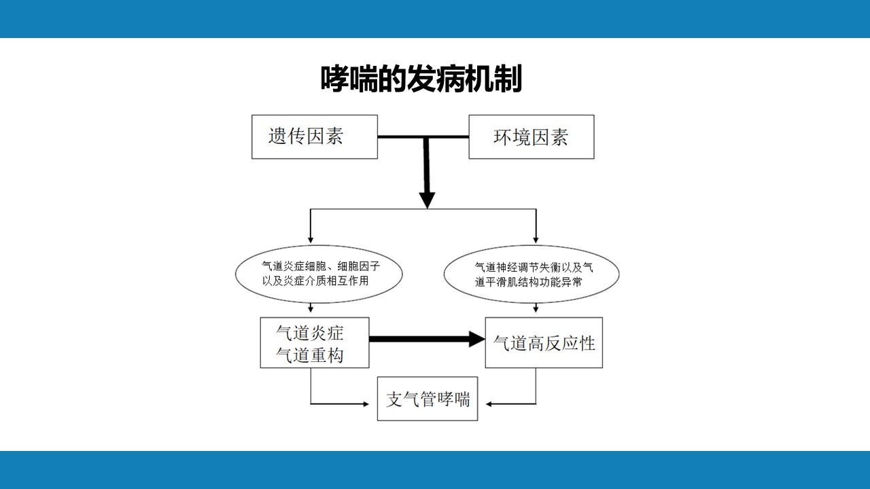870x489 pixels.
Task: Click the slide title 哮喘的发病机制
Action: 421,79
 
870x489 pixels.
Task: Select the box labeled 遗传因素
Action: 314,137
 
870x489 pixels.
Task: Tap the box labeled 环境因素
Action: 531,137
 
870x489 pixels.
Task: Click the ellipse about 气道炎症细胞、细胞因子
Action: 318,274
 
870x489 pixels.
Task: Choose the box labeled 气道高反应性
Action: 544,343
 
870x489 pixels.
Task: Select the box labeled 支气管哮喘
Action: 428,399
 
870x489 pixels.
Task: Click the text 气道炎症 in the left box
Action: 310,333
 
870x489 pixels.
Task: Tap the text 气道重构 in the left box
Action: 310,355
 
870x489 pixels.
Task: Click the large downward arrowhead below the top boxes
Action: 426,200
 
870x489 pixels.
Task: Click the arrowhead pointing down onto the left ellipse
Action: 311,238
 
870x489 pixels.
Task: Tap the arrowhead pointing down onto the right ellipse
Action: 536,238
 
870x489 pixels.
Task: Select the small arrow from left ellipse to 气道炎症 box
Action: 311,308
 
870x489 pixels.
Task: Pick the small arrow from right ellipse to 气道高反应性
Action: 536,308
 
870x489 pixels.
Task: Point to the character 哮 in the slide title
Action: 334,79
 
